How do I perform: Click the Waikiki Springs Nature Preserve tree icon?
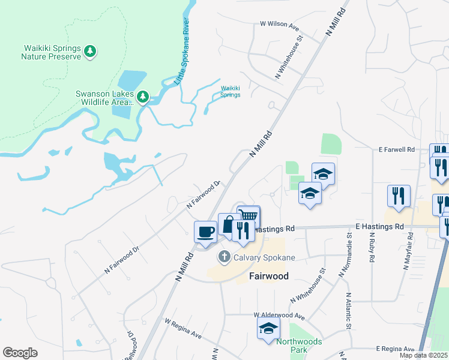90,52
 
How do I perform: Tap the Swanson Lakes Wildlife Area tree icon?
143,97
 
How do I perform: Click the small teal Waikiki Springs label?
230,91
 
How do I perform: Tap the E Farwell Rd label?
397,149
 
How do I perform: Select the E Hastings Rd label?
379,227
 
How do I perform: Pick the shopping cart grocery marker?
249,216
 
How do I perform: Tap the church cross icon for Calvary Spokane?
224,257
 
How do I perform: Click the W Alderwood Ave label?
279,316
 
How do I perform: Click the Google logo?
20,353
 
